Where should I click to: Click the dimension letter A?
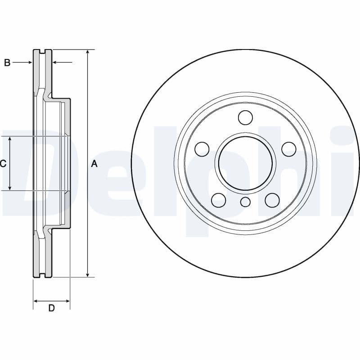tap(94, 164)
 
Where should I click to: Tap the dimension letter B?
tap(7, 63)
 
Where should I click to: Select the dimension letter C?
tap(3, 164)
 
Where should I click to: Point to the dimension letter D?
tap(51, 308)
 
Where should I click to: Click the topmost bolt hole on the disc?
tap(245, 117)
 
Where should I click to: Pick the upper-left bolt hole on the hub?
tap(202, 149)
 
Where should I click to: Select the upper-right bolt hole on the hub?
tap(288, 149)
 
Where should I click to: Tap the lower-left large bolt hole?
tap(219, 200)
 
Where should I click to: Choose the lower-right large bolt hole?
tap(272, 200)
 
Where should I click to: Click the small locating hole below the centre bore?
tap(245, 202)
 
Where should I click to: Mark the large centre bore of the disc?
tap(245, 163)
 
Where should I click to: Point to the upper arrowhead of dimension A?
tap(88, 52)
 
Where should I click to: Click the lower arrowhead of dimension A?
tap(88, 274)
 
